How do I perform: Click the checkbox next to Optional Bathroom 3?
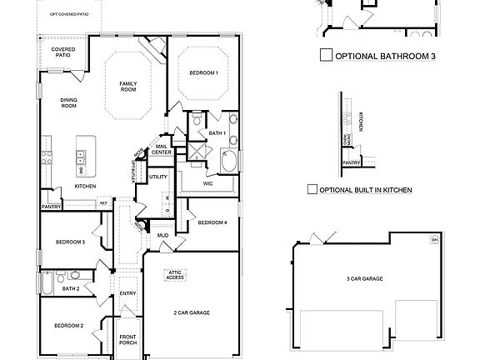pyautogui.click(x=326, y=57)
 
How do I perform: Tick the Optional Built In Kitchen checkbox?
pyautogui.click(x=312, y=190)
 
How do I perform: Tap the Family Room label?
pyautogui.click(x=128, y=87)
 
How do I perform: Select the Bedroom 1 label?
pyautogui.click(x=204, y=73)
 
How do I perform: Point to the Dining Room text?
pyautogui.click(x=68, y=103)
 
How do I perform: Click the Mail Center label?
pyautogui.click(x=162, y=150)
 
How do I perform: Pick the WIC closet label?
pyautogui.click(x=207, y=183)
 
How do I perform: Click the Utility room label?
pyautogui.click(x=158, y=177)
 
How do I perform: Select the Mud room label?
pyautogui.click(x=162, y=236)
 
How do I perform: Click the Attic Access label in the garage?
pyautogui.click(x=175, y=274)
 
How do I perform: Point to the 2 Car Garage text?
pyautogui.click(x=192, y=312)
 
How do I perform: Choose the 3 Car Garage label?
pyautogui.click(x=364, y=278)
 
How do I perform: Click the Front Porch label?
pyautogui.click(x=127, y=339)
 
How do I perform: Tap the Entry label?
pyautogui.click(x=127, y=293)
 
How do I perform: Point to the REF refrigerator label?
pyautogui.click(x=104, y=202)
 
